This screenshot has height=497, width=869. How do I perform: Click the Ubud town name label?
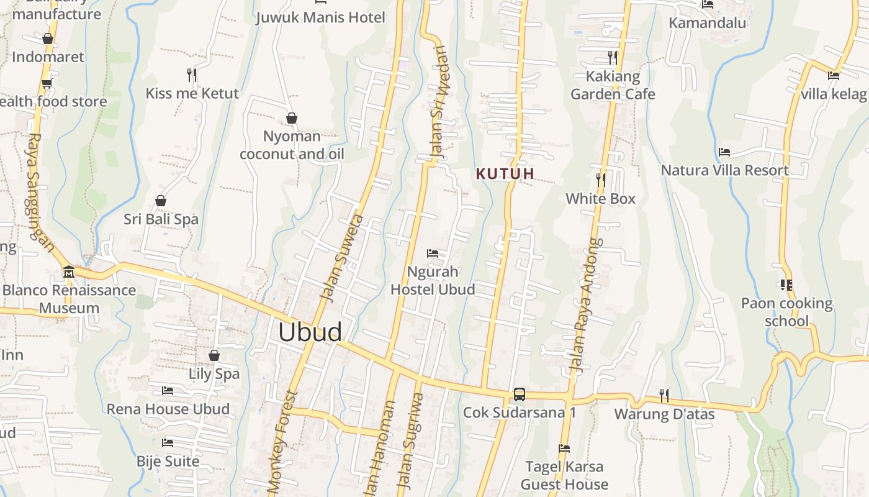310,332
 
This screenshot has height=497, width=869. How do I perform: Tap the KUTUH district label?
505,174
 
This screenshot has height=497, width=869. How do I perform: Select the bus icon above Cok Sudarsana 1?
520,394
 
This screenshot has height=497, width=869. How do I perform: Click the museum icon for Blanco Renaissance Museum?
69,271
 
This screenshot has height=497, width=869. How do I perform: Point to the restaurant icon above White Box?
601,180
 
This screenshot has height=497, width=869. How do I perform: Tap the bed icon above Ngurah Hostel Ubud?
433,253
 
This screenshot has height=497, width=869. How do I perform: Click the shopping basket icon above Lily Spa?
214,355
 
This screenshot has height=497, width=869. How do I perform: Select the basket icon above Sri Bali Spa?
161,201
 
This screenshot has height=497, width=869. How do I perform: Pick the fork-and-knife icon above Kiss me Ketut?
192,75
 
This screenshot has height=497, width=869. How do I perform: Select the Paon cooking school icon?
786,285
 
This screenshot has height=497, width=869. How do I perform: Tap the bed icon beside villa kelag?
834,76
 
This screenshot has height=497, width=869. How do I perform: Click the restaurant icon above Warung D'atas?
664,395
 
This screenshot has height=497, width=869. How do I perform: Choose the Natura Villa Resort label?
724,170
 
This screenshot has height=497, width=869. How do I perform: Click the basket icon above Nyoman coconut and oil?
292,118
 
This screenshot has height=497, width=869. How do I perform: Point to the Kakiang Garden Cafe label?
613,86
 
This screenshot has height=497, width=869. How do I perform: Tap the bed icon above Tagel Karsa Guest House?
564,448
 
